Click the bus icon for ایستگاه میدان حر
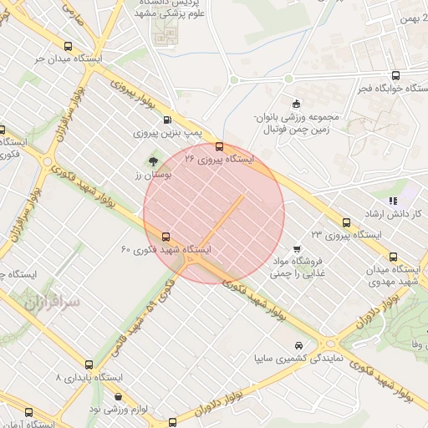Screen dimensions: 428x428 tap(67, 48)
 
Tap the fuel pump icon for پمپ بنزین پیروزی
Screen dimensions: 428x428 tap(168, 120)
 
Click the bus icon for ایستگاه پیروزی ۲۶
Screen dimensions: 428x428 tap(220, 146)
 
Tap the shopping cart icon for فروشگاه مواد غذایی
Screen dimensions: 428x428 tap(298, 248)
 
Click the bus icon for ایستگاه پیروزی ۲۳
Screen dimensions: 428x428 tap(346, 222)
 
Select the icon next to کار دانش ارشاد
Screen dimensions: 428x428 tap(393, 201)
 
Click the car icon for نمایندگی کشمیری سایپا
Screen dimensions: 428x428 tap(299, 344)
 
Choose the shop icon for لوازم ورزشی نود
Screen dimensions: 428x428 tap(117, 399)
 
